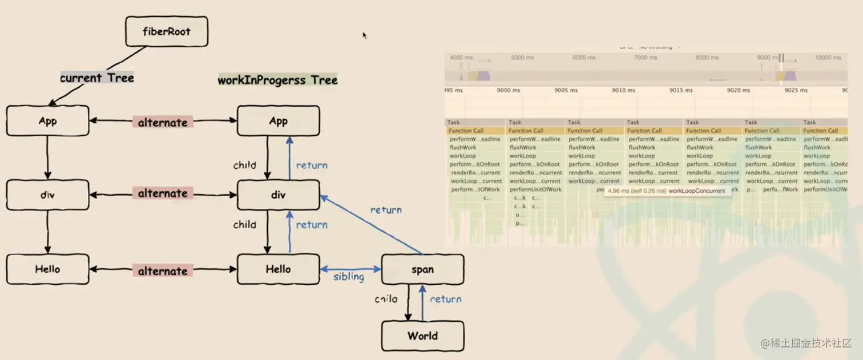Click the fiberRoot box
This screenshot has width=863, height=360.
(x=166, y=31)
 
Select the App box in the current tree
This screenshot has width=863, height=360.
(x=48, y=121)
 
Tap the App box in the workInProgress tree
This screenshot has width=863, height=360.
(x=278, y=121)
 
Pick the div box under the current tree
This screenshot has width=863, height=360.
(x=48, y=195)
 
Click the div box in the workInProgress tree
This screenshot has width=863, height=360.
(x=278, y=195)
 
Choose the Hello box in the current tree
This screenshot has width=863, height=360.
(x=48, y=269)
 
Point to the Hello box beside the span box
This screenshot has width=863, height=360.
(x=278, y=269)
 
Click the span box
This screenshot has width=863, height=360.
(x=422, y=269)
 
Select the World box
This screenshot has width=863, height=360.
(x=422, y=336)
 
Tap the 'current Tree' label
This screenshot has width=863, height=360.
(x=97, y=78)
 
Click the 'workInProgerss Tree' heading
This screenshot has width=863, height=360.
(x=277, y=80)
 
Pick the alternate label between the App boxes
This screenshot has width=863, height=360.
(x=163, y=122)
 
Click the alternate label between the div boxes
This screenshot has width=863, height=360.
(x=163, y=193)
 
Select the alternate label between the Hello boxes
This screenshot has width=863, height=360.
(x=163, y=271)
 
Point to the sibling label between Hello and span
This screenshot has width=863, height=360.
(x=349, y=277)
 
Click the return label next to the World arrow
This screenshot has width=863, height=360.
(x=446, y=299)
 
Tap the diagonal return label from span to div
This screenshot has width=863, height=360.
(x=386, y=210)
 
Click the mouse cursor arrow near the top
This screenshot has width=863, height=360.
(x=364, y=35)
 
